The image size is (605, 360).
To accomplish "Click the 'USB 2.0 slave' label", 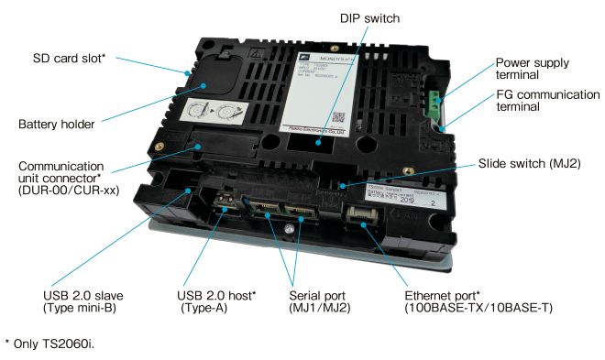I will [83, 301].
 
